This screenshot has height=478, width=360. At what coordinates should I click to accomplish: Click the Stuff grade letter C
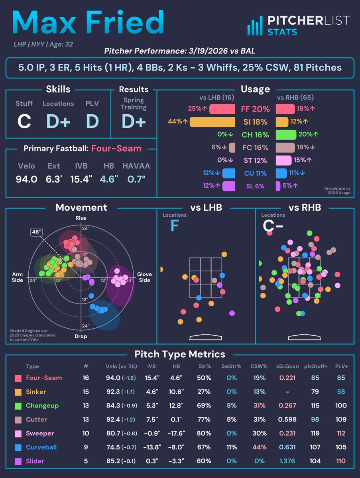click(24, 121)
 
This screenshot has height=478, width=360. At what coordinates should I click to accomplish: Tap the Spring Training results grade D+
click(134, 121)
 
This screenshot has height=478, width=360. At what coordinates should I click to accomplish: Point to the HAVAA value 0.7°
click(136, 179)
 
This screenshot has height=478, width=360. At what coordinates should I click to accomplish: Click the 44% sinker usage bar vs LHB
click(212, 122)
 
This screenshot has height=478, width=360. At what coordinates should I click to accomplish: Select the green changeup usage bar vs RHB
click(286, 135)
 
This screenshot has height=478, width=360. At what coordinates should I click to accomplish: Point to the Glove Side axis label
click(144, 277)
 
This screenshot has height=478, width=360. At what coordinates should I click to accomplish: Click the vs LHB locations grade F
click(174, 226)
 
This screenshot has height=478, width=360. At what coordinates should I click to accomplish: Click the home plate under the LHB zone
click(205, 337)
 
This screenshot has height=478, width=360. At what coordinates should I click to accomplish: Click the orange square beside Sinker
click(18, 392)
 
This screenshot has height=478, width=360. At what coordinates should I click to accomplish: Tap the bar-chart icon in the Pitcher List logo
click(254, 26)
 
